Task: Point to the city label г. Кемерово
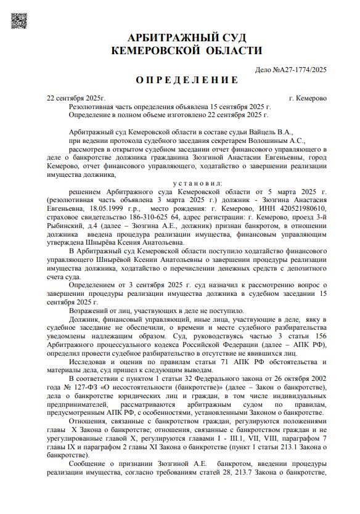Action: (x=308, y=98)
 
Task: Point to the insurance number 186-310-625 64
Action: (x=144, y=218)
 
